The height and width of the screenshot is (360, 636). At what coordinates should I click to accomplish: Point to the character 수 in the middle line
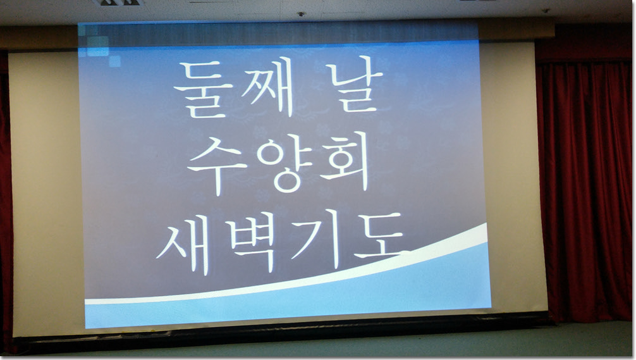coord(217,164)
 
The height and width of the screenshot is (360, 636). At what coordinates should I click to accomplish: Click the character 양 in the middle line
coord(284,163)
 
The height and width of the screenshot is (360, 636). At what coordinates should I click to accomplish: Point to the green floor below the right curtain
coord(592,339)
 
